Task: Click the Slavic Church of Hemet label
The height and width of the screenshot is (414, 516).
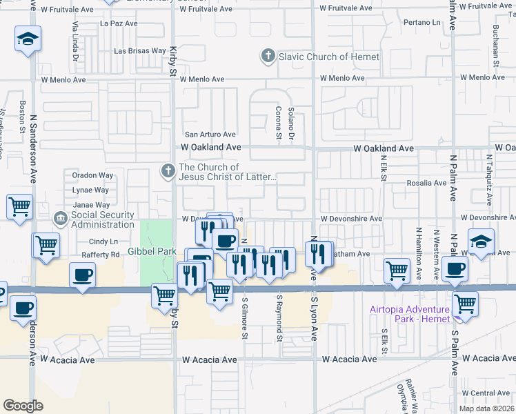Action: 328,56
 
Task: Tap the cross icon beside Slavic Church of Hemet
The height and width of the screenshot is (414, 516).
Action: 268,56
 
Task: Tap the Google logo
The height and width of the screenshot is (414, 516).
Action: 23,405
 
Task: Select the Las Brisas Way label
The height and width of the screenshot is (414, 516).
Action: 140,51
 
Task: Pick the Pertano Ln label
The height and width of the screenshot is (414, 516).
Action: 421,23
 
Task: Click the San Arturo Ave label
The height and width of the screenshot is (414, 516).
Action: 209,135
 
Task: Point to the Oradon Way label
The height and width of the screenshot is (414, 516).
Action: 92,175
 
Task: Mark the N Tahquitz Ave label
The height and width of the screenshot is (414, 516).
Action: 488,180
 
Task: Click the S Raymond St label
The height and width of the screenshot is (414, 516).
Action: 279,319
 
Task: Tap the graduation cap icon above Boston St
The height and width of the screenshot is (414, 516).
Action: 28,39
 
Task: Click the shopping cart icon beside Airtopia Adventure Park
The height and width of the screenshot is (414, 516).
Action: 465,303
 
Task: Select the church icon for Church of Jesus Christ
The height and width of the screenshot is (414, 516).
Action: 168,170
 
